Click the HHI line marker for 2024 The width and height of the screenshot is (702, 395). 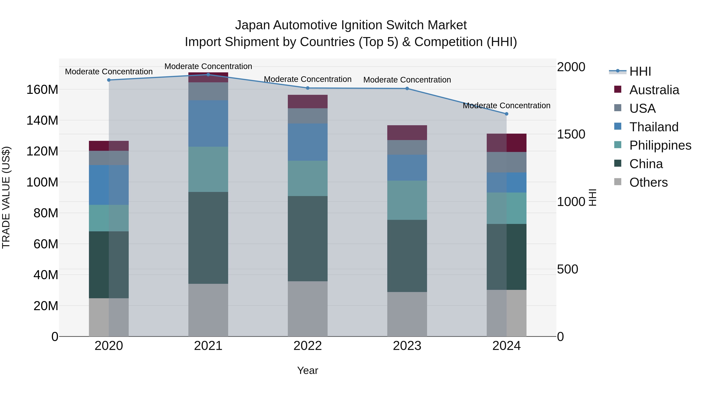pos(506,114)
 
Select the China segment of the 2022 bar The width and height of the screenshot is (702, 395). pos(308,239)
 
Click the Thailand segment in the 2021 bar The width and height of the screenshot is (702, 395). pos(208,123)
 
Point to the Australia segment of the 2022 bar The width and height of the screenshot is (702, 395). pos(308,102)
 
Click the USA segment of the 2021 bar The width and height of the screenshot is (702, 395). pos(208,91)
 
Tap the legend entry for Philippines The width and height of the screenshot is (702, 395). pos(660,145)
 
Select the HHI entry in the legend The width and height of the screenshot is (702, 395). pos(640,71)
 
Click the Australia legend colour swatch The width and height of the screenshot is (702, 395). pos(618,89)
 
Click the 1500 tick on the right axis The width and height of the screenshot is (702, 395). pos(571,134)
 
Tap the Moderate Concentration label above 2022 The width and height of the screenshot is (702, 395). pos(308,79)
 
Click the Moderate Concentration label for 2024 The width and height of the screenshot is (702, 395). pos(506,106)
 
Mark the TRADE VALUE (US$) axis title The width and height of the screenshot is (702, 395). pos(6,197)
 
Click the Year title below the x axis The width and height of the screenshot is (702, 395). pos(308,370)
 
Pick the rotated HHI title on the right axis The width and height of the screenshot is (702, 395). pos(592,197)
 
